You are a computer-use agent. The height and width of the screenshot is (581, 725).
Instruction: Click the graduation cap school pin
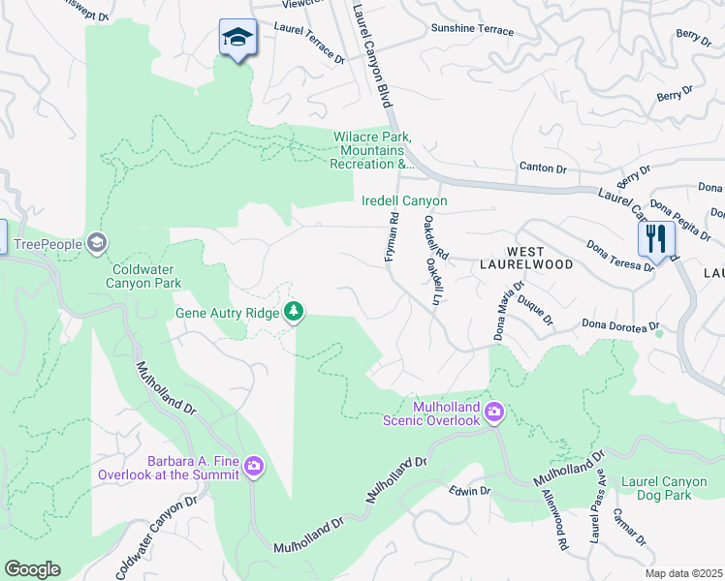click(237, 39)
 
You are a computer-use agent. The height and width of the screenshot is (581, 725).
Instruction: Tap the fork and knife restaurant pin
click(656, 239)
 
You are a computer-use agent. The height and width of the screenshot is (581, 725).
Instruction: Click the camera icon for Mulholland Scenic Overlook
click(494, 413)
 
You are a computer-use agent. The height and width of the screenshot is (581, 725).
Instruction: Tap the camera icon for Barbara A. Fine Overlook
click(254, 468)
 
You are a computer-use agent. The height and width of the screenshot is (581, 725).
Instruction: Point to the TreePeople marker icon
click(96, 242)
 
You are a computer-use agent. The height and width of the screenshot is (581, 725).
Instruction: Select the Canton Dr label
click(543, 168)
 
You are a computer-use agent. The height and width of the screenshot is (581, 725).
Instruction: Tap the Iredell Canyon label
click(404, 201)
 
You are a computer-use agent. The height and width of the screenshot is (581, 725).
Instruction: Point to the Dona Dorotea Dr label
click(620, 326)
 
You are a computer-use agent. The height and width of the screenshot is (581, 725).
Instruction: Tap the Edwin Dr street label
click(470, 492)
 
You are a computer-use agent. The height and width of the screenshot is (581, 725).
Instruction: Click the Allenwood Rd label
click(554, 520)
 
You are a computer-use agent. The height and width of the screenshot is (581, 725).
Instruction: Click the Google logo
click(32, 569)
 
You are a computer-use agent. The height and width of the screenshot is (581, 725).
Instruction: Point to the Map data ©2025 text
click(683, 573)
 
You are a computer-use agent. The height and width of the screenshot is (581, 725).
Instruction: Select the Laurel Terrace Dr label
click(309, 44)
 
